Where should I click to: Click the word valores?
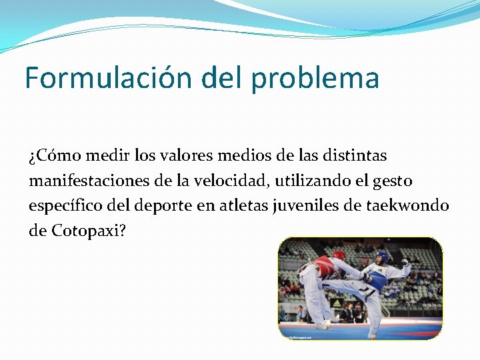coord(185,156)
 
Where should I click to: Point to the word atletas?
coord(246,205)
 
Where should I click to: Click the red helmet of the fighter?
coord(339,255)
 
